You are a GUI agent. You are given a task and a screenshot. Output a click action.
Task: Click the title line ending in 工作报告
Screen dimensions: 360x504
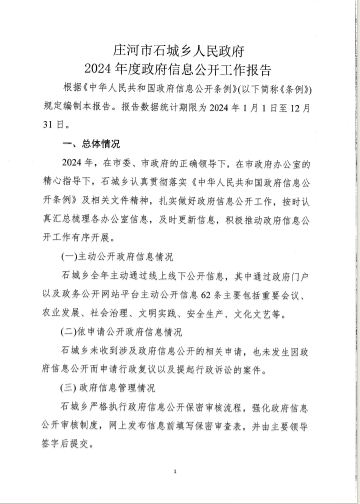point(180,68)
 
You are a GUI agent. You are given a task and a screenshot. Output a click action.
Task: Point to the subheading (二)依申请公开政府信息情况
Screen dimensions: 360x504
point(122,331)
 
